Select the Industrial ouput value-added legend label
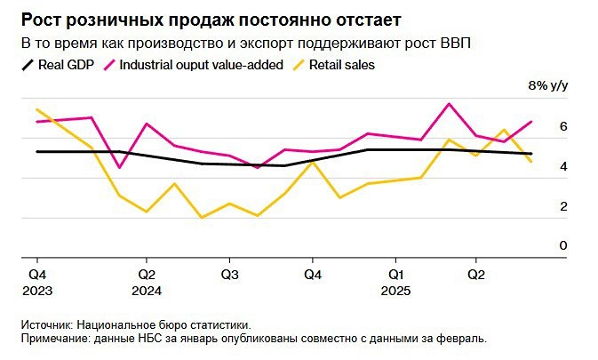(x=201, y=65)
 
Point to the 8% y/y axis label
(x=547, y=86)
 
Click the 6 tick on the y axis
(x=562, y=127)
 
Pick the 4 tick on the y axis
(x=562, y=167)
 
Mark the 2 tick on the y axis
(x=562, y=206)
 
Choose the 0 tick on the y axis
(x=562, y=245)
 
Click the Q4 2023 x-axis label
(x=38, y=283)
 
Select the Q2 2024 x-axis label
(x=148, y=283)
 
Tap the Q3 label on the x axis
(x=228, y=275)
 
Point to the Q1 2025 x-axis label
(x=396, y=283)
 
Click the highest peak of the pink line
(x=449, y=104)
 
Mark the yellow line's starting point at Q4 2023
(x=36, y=109)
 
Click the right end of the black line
(x=531, y=154)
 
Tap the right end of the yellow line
(x=531, y=162)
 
